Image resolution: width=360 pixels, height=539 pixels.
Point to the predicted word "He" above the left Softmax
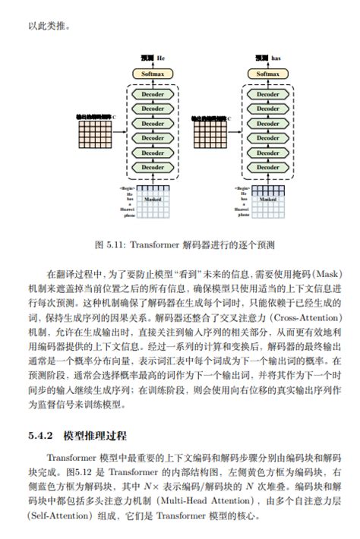point(161,58)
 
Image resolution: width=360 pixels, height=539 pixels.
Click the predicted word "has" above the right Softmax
point(276,58)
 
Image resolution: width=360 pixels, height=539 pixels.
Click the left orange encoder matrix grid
point(93,137)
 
